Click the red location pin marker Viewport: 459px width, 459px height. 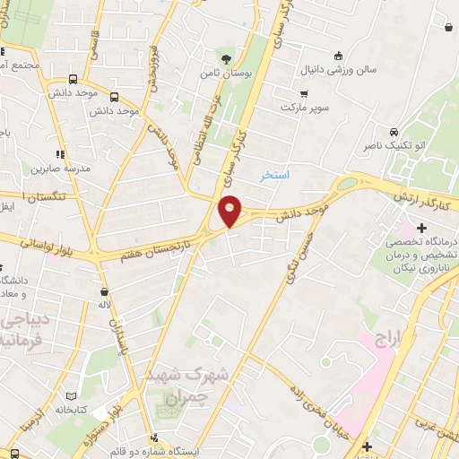230,209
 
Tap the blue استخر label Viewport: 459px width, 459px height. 274,174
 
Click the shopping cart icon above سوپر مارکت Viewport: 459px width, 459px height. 304,93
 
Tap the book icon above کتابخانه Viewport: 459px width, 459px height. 71,395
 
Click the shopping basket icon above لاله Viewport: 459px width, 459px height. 105,291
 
